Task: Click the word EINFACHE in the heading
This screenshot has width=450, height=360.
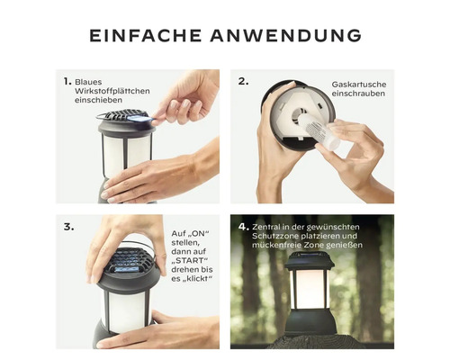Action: point(146,36)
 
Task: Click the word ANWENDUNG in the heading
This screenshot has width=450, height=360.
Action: point(286,36)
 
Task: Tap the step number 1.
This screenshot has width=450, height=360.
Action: point(67,81)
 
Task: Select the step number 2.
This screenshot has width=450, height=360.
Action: point(243,81)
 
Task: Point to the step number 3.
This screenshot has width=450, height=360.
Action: point(68,227)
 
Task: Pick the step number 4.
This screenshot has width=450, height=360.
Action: point(244,227)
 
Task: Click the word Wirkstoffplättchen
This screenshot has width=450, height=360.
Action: point(112,91)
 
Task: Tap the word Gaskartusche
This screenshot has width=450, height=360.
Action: point(359,85)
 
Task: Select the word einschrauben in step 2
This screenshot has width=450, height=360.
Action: point(358,94)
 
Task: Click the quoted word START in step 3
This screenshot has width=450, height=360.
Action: point(190,260)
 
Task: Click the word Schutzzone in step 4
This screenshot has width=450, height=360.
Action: point(273,236)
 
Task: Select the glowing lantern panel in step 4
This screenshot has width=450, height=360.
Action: point(310,289)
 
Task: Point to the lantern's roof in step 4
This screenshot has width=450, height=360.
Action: point(310,261)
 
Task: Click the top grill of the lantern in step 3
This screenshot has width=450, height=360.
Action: point(130,260)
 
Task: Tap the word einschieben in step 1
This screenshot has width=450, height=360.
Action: point(98,100)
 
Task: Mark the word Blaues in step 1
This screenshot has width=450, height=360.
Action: point(88,82)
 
